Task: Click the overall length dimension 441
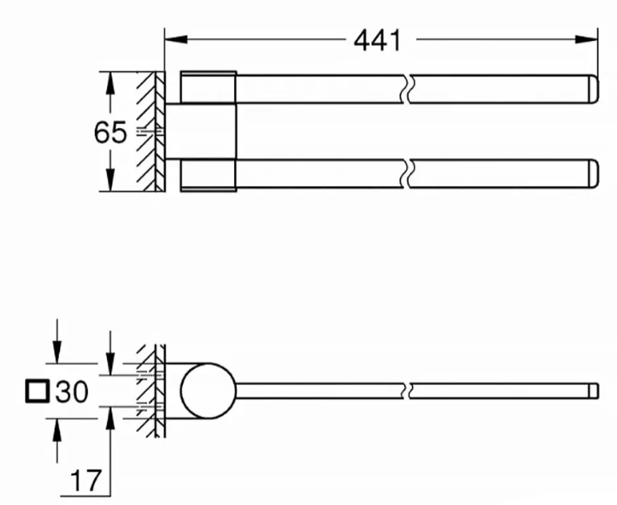coord(378,40)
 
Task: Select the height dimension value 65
coord(110,132)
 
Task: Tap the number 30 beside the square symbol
coord(72,392)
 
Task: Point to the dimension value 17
coord(86,481)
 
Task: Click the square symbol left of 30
coord(35,392)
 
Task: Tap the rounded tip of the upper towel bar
coord(594,88)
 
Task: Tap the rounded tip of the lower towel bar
coord(594,173)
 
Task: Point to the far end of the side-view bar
coord(595,391)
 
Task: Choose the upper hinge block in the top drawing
coord(208,88)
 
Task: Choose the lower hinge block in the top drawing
coord(208,174)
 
